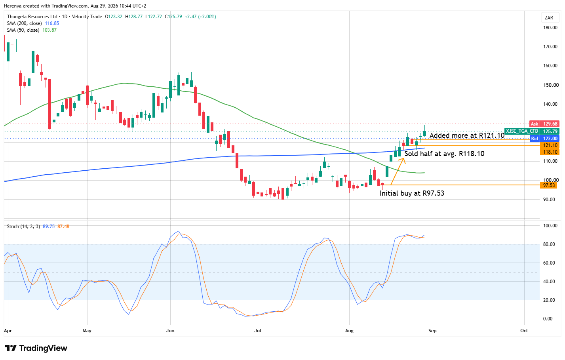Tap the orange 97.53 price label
549,185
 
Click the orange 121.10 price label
549,145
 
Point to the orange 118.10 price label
549,152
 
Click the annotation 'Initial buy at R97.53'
412,194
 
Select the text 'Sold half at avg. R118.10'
444,154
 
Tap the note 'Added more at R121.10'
467,135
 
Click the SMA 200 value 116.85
52,23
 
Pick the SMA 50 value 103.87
49,30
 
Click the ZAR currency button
549,18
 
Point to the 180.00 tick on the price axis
550,28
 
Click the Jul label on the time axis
257,330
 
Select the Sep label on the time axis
432,330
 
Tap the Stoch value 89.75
49,227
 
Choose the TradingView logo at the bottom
36,348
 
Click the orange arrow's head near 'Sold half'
404,158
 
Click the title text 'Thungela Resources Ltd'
32,17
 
